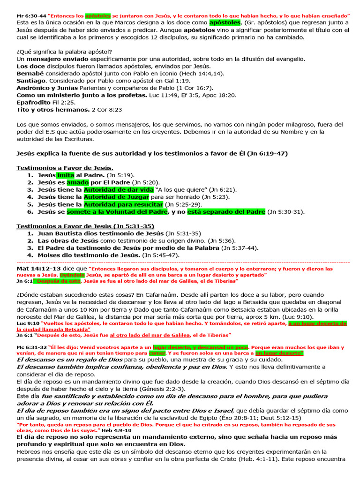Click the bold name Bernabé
30,74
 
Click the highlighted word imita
66,175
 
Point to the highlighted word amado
74,182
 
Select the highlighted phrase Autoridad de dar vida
119,189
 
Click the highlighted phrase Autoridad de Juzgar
116,197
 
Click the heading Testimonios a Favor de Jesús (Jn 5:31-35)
85,226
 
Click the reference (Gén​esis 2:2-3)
159,389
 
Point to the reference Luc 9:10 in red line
28,323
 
